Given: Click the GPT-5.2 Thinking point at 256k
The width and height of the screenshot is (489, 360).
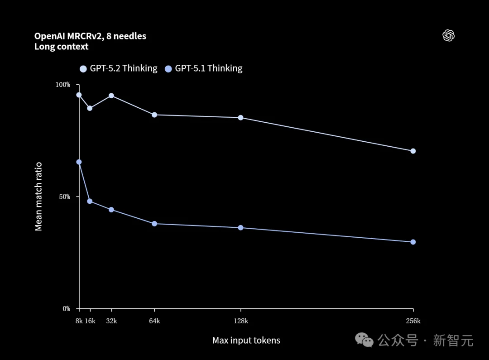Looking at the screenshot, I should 413,151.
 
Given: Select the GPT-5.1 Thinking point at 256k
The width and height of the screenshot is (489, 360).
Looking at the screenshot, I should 413,242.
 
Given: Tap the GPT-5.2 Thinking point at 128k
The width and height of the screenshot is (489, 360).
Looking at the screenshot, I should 240,118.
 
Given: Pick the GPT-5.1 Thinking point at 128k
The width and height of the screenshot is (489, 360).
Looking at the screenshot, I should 240,227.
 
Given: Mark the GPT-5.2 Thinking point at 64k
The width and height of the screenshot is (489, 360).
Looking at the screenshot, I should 154,115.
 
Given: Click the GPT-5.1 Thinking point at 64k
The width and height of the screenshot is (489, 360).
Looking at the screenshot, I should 154,224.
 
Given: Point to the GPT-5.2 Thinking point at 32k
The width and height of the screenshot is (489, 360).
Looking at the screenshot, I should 111,96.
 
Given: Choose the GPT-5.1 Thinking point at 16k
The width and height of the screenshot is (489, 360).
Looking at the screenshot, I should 90,201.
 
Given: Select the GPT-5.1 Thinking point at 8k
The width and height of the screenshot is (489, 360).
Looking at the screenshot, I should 79,162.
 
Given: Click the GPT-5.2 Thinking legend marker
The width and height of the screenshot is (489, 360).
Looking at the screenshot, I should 83,69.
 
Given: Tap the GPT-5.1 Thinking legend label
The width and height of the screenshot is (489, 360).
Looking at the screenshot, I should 209,68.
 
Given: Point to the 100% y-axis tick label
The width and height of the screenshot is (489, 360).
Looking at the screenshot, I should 63,85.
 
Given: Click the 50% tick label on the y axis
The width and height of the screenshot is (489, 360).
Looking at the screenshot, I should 64,197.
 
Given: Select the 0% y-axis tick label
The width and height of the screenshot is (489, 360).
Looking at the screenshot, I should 66,309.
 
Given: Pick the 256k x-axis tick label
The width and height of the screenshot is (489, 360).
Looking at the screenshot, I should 413,321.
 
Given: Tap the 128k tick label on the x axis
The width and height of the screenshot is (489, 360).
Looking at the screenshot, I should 240,321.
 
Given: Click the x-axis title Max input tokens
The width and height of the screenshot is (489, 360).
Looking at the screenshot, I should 246,341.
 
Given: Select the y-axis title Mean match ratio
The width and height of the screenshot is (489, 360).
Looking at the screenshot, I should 38,197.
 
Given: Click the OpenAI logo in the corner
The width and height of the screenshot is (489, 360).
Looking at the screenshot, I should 448,36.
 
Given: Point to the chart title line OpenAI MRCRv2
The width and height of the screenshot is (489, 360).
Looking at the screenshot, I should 90,36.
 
